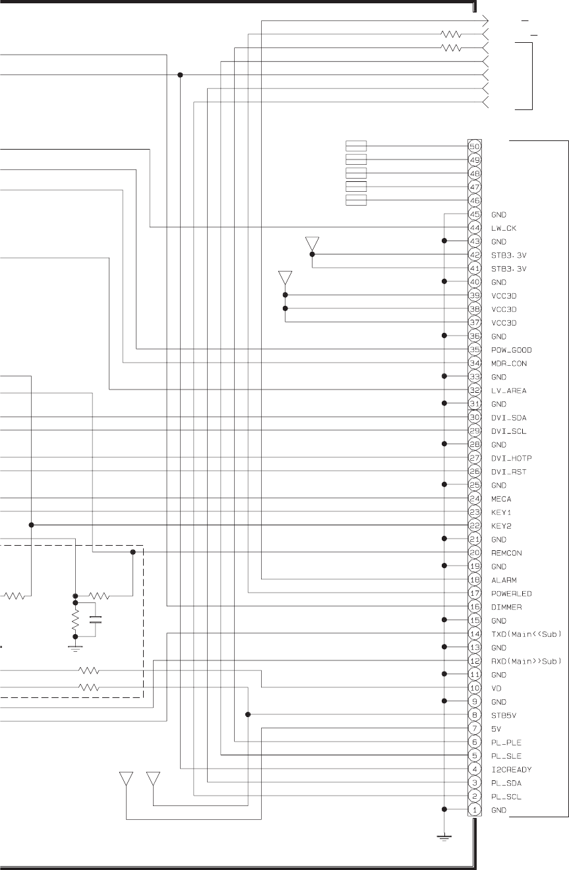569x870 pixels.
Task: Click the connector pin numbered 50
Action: coord(474,146)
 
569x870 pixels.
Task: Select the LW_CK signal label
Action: coord(504,228)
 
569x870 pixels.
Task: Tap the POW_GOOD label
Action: coord(511,350)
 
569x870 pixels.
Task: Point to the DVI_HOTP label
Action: coord(511,458)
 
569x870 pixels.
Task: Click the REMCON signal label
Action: coord(506,553)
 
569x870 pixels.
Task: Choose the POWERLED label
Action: coord(511,594)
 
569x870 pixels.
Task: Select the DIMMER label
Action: coord(506,607)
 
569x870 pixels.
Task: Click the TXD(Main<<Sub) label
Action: coord(526,634)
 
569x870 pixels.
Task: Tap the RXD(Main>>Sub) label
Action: coord(526,661)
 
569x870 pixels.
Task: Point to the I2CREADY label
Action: coord(511,770)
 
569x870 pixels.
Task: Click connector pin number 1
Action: coord(474,810)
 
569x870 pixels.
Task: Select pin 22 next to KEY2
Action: coord(474,526)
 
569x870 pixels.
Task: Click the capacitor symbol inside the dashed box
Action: coord(96,620)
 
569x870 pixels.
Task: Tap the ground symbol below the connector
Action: coord(444,838)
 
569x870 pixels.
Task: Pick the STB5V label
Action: coord(504,716)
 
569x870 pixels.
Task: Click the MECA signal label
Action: coord(500,499)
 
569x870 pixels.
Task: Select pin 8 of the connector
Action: coord(474,715)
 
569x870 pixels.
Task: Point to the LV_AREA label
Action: coord(508,391)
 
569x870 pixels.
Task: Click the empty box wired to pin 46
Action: coord(356,200)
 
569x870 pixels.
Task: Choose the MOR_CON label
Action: coord(508,364)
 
